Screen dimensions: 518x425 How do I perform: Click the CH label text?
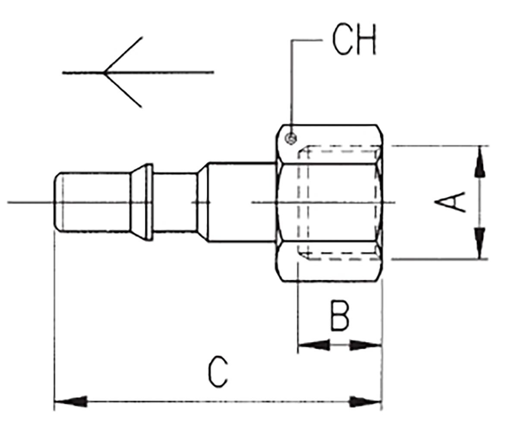pos(354,39)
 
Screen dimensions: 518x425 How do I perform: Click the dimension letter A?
pos(450,202)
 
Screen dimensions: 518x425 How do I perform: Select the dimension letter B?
pos(340,316)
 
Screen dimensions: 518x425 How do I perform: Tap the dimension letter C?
pos(218,371)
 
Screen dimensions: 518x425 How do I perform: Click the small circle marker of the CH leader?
pos(291,139)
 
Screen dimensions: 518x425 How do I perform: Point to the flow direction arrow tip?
pos(104,73)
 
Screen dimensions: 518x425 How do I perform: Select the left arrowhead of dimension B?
pos(313,346)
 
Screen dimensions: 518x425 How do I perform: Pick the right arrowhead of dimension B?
pos(366,346)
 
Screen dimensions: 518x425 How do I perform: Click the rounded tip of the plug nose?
pos(57,202)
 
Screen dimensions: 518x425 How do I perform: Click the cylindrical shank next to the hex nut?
pos(242,202)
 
